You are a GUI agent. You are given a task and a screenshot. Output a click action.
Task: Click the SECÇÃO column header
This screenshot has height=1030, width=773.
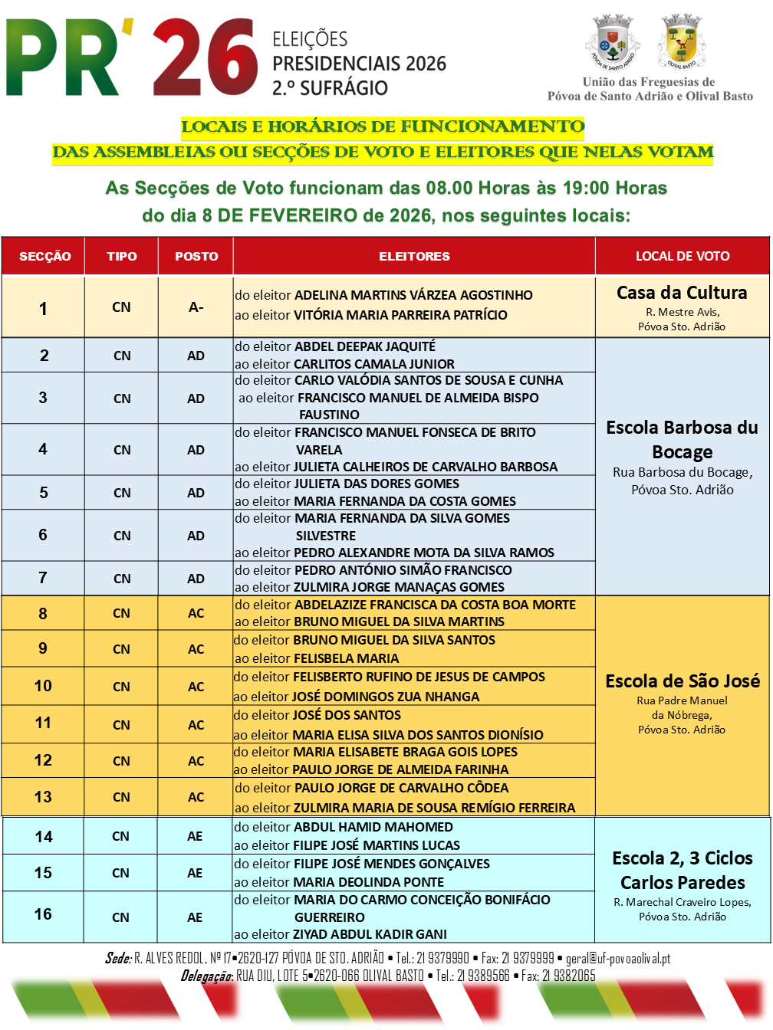click(x=44, y=256)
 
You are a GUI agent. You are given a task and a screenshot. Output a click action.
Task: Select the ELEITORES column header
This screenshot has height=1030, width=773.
click(x=414, y=256)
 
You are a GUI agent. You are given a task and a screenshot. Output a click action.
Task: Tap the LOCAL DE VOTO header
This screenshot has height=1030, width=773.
click(x=683, y=256)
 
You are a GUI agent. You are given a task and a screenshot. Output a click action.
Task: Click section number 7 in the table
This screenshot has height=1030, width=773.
click(x=43, y=578)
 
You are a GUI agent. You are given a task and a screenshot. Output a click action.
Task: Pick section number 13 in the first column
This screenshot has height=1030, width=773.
click(x=43, y=797)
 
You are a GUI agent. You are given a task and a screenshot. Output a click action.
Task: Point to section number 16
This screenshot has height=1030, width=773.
click(x=43, y=914)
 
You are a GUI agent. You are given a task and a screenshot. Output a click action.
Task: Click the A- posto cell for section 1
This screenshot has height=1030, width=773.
click(x=196, y=307)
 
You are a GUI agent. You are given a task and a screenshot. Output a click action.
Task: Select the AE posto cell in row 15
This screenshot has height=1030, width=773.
click(x=196, y=873)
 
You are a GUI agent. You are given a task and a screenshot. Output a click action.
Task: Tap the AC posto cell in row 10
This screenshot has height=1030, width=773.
click(x=196, y=687)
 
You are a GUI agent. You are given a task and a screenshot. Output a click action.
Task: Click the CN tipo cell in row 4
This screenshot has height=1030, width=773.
click(x=122, y=450)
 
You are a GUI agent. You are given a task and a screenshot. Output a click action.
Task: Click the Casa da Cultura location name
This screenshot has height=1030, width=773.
click(x=682, y=293)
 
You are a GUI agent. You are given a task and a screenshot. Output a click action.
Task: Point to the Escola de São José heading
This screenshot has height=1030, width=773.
click(x=683, y=681)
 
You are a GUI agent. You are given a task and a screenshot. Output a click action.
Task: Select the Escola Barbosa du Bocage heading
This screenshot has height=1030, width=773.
click(x=683, y=439)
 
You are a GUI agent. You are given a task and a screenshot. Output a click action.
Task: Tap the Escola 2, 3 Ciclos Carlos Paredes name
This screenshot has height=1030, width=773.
click(x=683, y=870)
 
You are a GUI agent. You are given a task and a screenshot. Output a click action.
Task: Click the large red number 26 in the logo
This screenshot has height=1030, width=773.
click(x=206, y=58)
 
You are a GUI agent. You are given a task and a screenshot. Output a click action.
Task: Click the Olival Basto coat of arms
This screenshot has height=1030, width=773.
click(x=681, y=41)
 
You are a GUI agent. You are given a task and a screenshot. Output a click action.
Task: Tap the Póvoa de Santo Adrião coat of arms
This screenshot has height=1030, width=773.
click(x=613, y=42)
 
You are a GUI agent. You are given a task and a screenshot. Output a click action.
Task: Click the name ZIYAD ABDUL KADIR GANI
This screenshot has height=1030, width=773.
click(x=370, y=934)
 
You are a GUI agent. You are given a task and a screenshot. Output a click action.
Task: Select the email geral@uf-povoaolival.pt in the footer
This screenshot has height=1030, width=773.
click(x=618, y=959)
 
